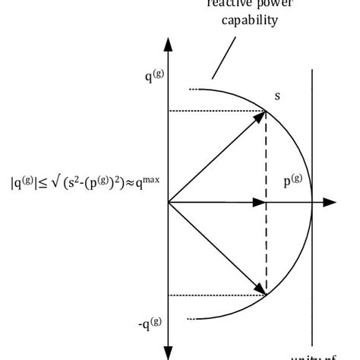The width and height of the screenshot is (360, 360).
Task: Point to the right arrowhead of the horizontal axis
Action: pos(330,203)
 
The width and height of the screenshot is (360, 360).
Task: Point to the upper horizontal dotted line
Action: pos(216,111)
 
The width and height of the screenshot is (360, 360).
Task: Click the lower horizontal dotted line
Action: pos(216,295)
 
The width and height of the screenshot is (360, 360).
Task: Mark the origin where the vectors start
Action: pos(169,203)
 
